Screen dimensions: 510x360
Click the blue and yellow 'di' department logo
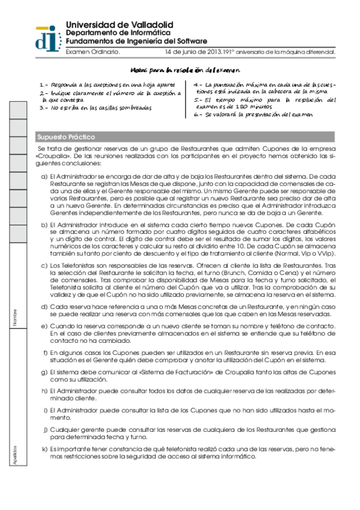[47, 38]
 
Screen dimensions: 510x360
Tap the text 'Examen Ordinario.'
[93, 52]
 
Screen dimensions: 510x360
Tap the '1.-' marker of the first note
[43, 86]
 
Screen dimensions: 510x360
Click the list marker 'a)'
[44, 176]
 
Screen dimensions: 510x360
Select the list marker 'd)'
[44, 307]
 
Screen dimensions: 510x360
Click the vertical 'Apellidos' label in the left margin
[14, 456]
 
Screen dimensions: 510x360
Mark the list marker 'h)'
[44, 391]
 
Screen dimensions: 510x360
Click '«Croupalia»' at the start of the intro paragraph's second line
[52, 156]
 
